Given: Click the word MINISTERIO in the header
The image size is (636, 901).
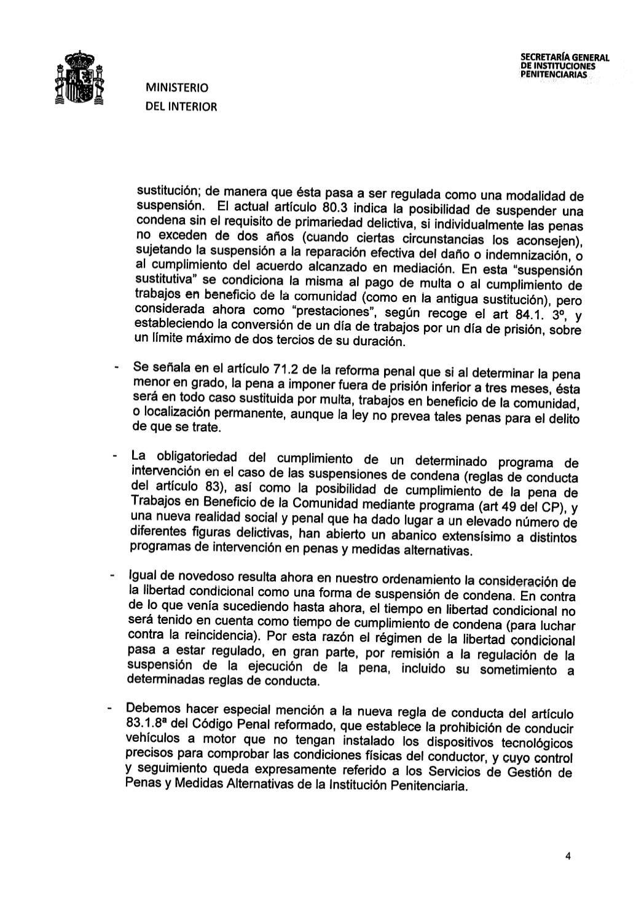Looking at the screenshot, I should click(177, 88).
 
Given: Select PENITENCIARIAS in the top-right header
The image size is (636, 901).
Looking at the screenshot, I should click(553, 74).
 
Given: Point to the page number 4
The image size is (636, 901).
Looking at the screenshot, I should click(568, 857).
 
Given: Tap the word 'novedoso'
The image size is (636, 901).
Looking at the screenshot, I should click(207, 576).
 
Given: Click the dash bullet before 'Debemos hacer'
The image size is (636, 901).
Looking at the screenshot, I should click(108, 709).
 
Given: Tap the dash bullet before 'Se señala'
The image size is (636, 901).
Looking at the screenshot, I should click(115, 368).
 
